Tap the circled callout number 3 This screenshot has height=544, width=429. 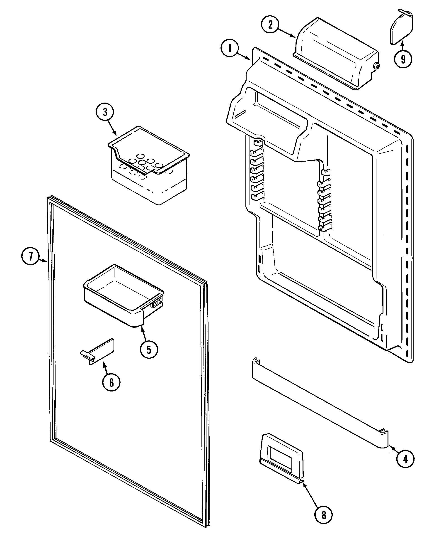105,112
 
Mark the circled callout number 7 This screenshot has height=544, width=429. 30,256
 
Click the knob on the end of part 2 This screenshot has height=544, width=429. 376,66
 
